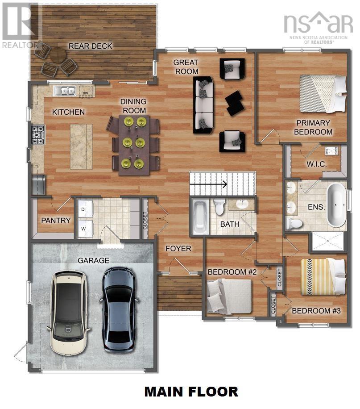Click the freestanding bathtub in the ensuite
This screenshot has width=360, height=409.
tap(336, 204)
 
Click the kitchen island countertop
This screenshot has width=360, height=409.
tap(81, 146)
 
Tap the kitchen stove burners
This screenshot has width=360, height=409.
tap(37, 134)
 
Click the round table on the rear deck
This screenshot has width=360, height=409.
tap(58, 56)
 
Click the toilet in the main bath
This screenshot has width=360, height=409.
tap(219, 206)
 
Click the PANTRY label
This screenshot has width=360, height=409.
tap(56, 220)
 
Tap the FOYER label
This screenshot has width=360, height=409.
tap(178, 248)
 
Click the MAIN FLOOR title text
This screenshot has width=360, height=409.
tap(191, 392)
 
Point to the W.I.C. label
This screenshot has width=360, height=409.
tap(316, 164)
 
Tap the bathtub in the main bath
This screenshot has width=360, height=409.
tap(199, 217)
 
